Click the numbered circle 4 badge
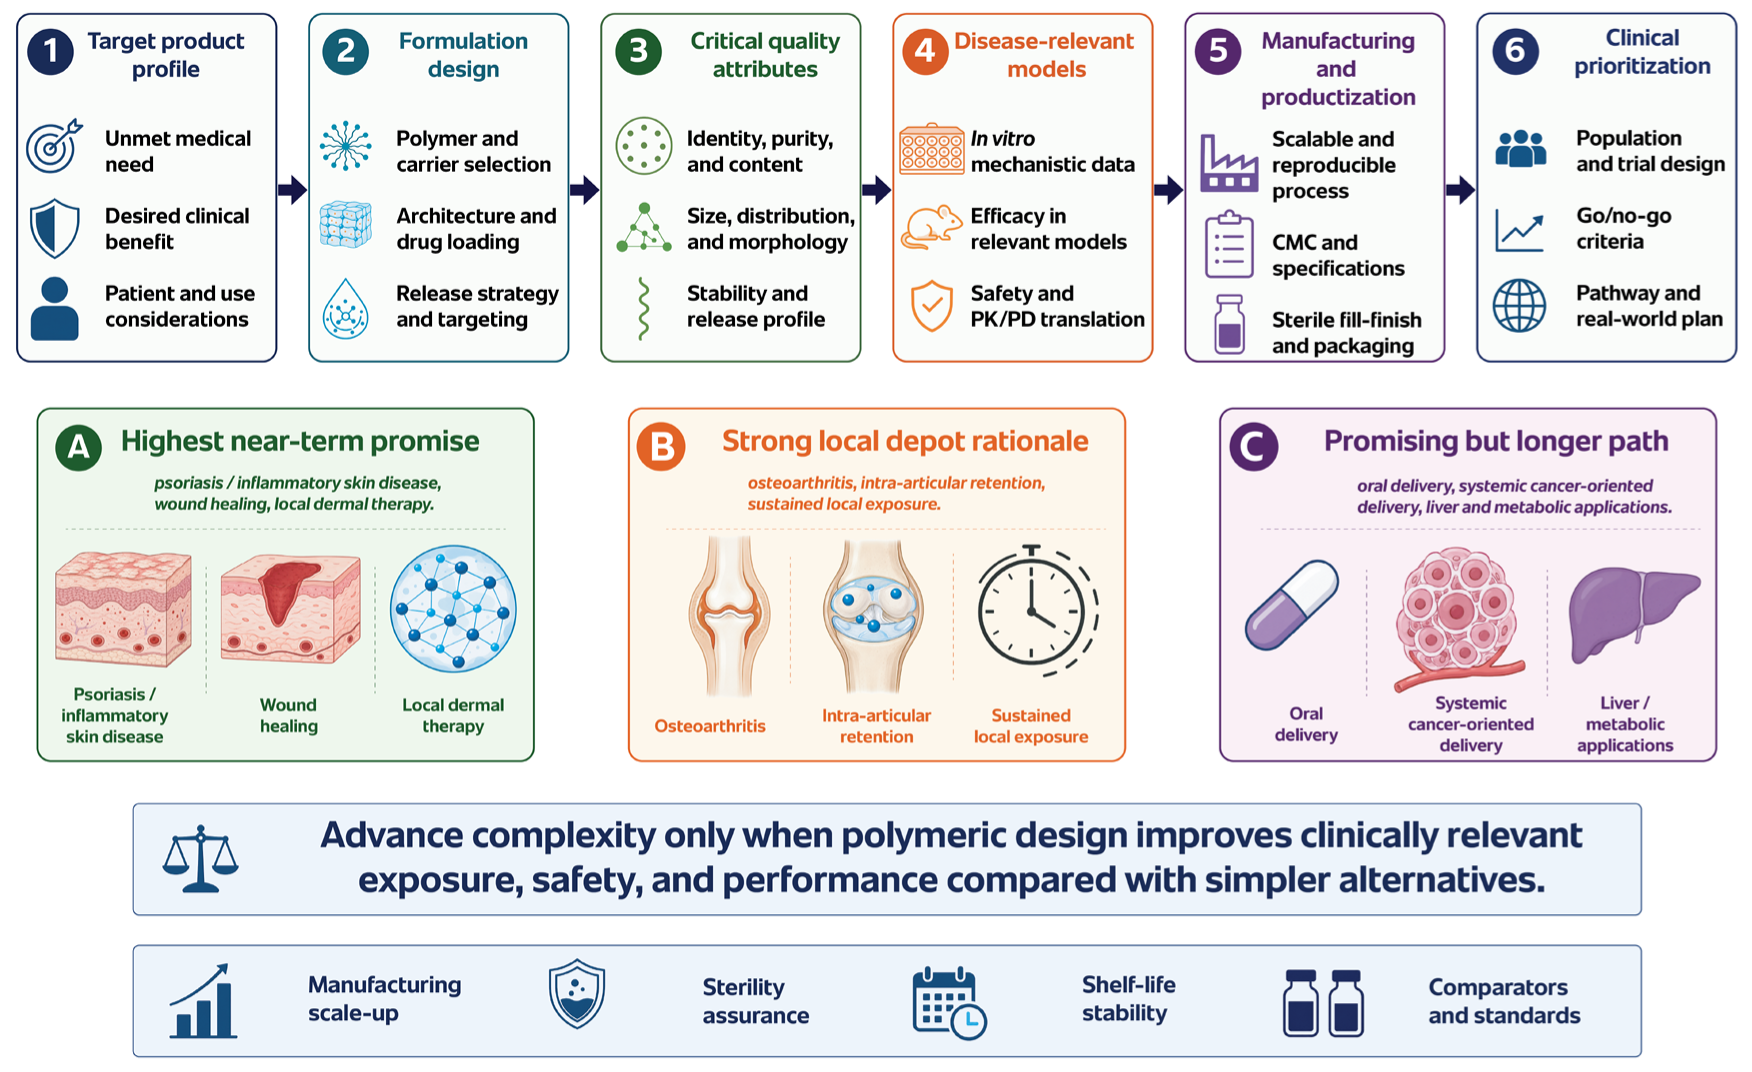[924, 51]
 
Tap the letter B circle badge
[660, 446]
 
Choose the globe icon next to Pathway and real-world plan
[1519, 306]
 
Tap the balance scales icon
[200, 859]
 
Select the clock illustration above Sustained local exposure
[1037, 610]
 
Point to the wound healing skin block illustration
[290, 610]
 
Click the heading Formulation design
[463, 55]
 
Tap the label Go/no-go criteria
[1624, 228]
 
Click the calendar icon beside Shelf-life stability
[949, 1003]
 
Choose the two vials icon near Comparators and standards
[1323, 1003]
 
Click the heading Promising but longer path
[1495, 441]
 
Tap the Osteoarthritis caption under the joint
[710, 726]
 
